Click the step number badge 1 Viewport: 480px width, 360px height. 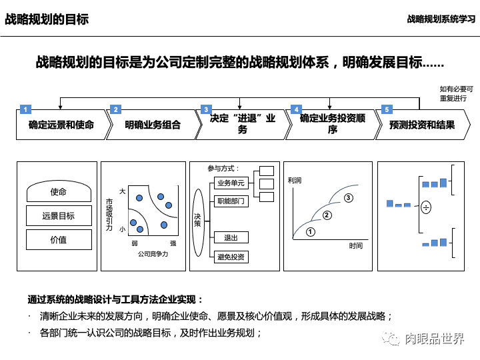tap(25, 109)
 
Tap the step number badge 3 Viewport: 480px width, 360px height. tap(206, 109)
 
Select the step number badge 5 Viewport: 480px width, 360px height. tap(385, 109)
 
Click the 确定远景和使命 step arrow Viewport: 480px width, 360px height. tap(61, 125)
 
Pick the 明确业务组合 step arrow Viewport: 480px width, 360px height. tap(153, 125)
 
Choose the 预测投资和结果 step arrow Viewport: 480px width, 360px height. tap(422, 125)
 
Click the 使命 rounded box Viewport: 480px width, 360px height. tap(59, 193)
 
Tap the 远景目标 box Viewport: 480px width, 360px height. tap(59, 216)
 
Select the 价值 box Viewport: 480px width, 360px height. tap(59, 239)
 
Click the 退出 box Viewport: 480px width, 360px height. tap(231, 237)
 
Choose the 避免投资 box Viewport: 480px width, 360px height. tap(231, 257)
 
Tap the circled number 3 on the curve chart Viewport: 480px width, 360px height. tap(348, 198)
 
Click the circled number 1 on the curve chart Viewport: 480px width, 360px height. tap(310, 232)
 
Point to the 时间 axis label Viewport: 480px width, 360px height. tap(356, 246)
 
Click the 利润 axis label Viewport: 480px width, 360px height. tap(295, 181)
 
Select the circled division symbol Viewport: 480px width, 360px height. tap(426, 207)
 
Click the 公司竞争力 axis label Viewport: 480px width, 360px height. tap(154, 254)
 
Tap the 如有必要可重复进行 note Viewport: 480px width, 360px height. tap(456, 93)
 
